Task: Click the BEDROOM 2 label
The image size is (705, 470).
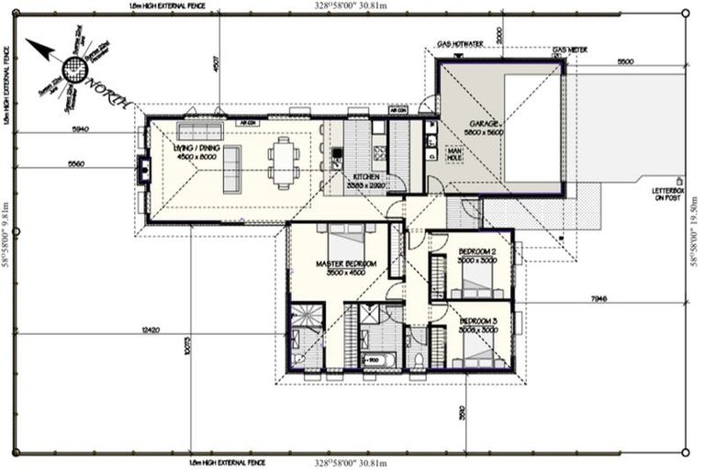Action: point(477,252)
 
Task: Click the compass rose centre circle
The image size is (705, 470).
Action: point(74,67)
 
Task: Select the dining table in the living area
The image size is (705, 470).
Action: point(283,162)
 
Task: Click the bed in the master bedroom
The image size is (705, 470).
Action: point(346,245)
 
